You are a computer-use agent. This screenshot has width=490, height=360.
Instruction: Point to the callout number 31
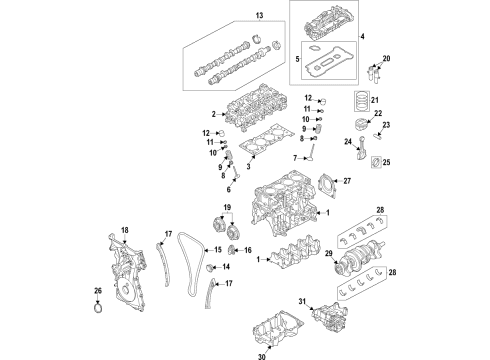coord(301,302)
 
